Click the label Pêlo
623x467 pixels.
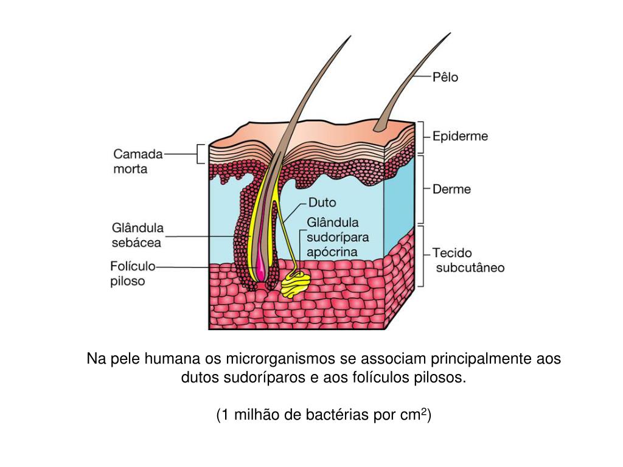(445, 77)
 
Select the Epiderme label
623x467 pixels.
(460, 137)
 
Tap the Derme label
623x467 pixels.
(451, 189)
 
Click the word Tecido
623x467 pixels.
(452, 252)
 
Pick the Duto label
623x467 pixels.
(322, 202)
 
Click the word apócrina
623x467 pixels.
(332, 251)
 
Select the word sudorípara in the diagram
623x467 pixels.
(338, 237)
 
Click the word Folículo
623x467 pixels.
(133, 266)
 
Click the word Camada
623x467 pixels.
(138, 154)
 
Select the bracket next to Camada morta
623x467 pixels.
(200, 154)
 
